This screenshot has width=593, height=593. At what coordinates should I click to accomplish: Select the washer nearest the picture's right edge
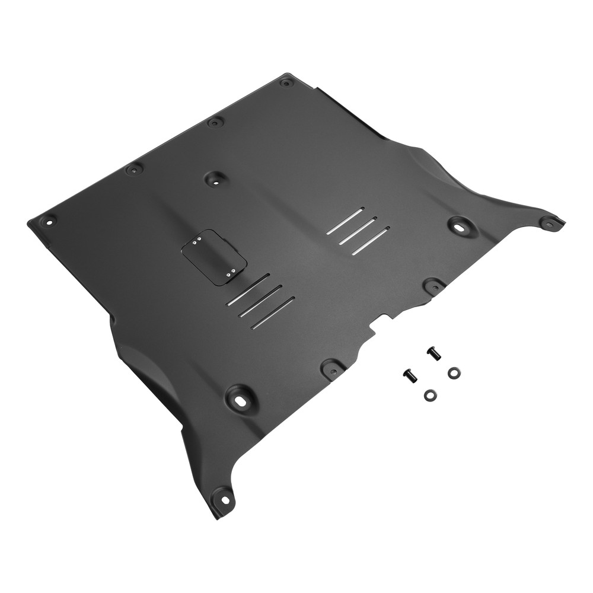[454, 372]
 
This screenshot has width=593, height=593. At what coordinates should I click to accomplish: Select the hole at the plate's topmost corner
[286, 83]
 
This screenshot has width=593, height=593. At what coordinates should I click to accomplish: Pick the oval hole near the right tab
[459, 225]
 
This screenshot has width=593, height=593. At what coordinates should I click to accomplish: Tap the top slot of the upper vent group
[347, 219]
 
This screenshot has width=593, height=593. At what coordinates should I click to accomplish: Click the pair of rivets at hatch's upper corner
[196, 241]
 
